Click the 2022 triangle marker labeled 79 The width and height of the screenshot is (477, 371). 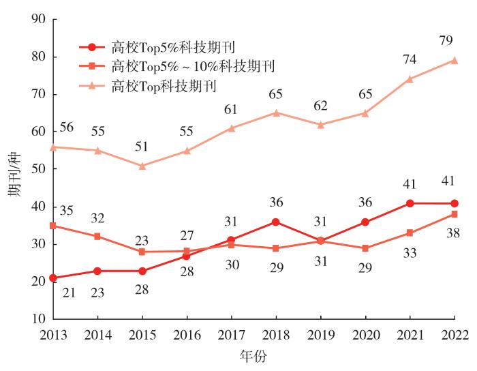click(455, 60)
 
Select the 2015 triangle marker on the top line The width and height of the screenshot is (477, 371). click(142, 166)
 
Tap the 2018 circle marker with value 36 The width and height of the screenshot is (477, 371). click(276, 222)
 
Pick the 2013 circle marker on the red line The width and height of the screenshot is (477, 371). click(53, 278)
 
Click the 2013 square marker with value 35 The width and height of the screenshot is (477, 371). click(53, 226)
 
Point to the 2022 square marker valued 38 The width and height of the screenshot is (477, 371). click(455, 214)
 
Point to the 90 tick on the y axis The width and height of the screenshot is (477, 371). click(39, 20)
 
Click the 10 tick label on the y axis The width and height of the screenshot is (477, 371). click(39, 318)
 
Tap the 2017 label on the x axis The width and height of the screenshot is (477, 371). click(231, 333)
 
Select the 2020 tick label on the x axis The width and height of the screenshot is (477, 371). click(365, 333)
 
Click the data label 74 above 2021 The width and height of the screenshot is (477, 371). click(410, 59)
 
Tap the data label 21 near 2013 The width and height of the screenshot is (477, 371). click(67, 293)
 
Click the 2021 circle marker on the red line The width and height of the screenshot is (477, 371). click(410, 203)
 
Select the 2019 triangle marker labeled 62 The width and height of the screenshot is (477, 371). click(320, 125)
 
